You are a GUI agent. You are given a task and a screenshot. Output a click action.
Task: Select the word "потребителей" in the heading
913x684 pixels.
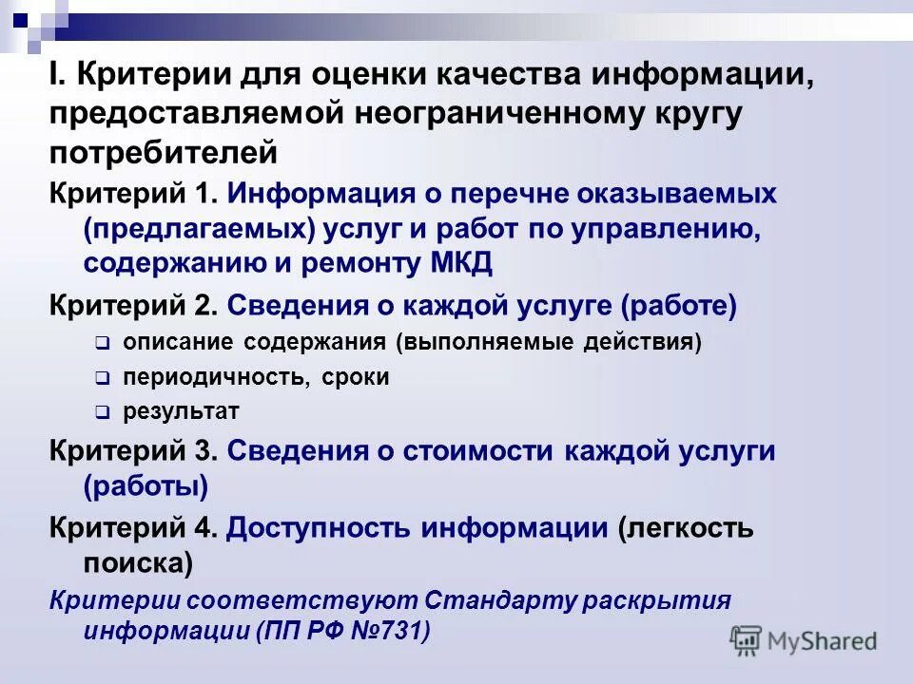click(x=164, y=152)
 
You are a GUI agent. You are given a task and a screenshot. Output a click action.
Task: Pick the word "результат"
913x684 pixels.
click(x=180, y=412)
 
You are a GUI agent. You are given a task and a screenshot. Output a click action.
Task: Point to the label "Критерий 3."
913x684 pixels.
click(x=134, y=451)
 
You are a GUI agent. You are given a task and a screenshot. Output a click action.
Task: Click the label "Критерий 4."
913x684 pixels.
click(x=134, y=528)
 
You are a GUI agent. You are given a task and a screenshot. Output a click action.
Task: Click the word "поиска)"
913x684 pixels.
click(x=138, y=564)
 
